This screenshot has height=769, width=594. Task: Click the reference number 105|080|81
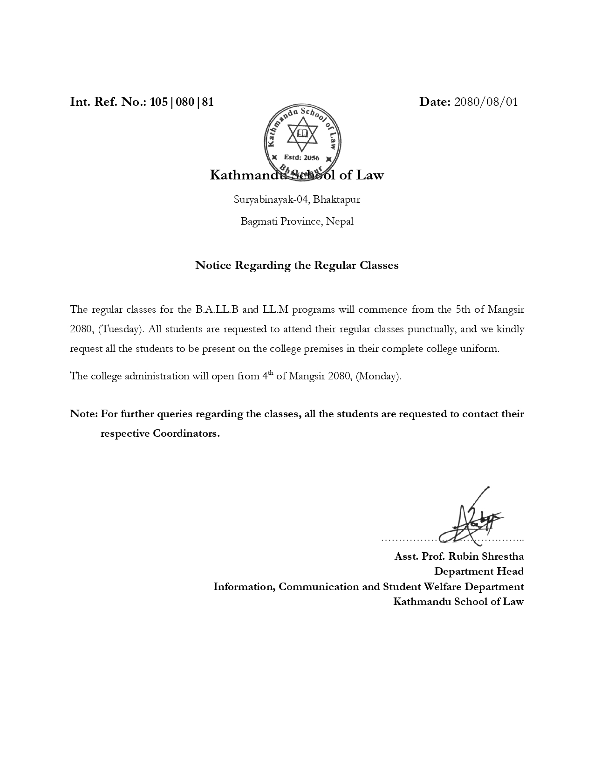[x=182, y=102]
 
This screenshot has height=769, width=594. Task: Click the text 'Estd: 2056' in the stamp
[x=301, y=158]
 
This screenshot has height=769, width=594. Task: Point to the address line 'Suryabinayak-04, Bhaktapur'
[x=297, y=199]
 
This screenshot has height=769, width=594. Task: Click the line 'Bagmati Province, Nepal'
[x=297, y=221]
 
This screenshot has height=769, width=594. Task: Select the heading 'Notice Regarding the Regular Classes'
[x=297, y=265]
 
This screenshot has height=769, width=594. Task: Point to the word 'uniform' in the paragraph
[x=482, y=349]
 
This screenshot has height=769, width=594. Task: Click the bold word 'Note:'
[x=84, y=414]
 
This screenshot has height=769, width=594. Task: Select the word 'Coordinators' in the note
[x=185, y=433]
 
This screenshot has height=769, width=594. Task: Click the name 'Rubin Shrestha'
[x=486, y=556]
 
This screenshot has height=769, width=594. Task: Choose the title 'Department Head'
[x=479, y=571]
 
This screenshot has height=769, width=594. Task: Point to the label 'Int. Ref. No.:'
[x=108, y=102]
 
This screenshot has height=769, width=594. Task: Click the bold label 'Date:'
[x=435, y=102]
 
